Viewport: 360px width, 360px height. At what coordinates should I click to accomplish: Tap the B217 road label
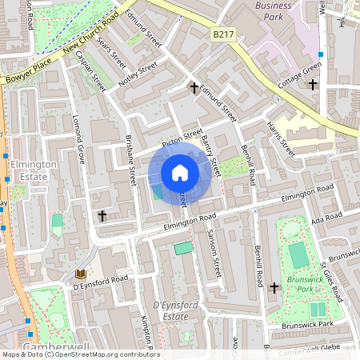click(223, 36)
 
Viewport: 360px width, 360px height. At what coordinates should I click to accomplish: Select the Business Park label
click(274, 11)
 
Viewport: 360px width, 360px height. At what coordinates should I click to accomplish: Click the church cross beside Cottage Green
click(313, 84)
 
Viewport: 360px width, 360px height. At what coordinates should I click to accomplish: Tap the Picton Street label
click(182, 139)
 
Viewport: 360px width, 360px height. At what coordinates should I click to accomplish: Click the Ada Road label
click(327, 218)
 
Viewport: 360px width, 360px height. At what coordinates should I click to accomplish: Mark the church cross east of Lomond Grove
click(102, 216)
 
